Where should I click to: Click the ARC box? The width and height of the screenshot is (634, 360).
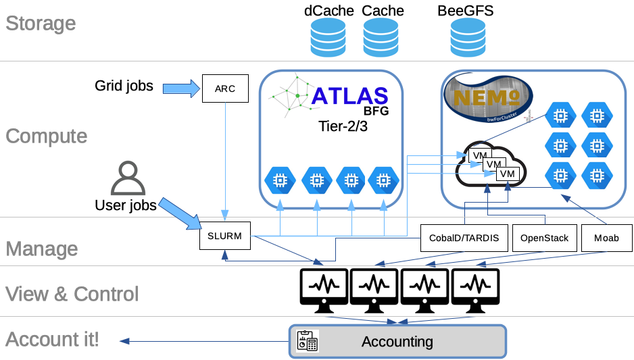click(x=225, y=88)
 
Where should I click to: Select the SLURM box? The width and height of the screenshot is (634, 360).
click(x=225, y=236)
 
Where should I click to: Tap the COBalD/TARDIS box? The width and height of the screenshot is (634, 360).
click(x=464, y=238)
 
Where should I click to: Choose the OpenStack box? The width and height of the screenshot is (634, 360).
click(x=545, y=238)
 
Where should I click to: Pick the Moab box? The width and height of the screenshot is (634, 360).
click(x=606, y=238)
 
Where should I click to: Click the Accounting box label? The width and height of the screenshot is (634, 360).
click(x=397, y=341)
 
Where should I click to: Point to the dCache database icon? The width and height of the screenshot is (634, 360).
click(x=328, y=37)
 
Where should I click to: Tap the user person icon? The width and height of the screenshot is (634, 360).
click(x=127, y=178)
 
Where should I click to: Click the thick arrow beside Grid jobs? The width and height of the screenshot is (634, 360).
click(x=178, y=87)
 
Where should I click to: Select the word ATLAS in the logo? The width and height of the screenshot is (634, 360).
click(x=349, y=95)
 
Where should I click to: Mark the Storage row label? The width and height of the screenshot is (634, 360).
click(x=41, y=24)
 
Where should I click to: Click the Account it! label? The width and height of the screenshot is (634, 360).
click(x=52, y=339)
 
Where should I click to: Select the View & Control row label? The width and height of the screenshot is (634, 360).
click(x=72, y=294)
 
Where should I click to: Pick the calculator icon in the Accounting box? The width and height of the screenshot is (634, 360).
click(x=308, y=340)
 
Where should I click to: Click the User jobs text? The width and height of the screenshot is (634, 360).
click(x=126, y=205)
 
